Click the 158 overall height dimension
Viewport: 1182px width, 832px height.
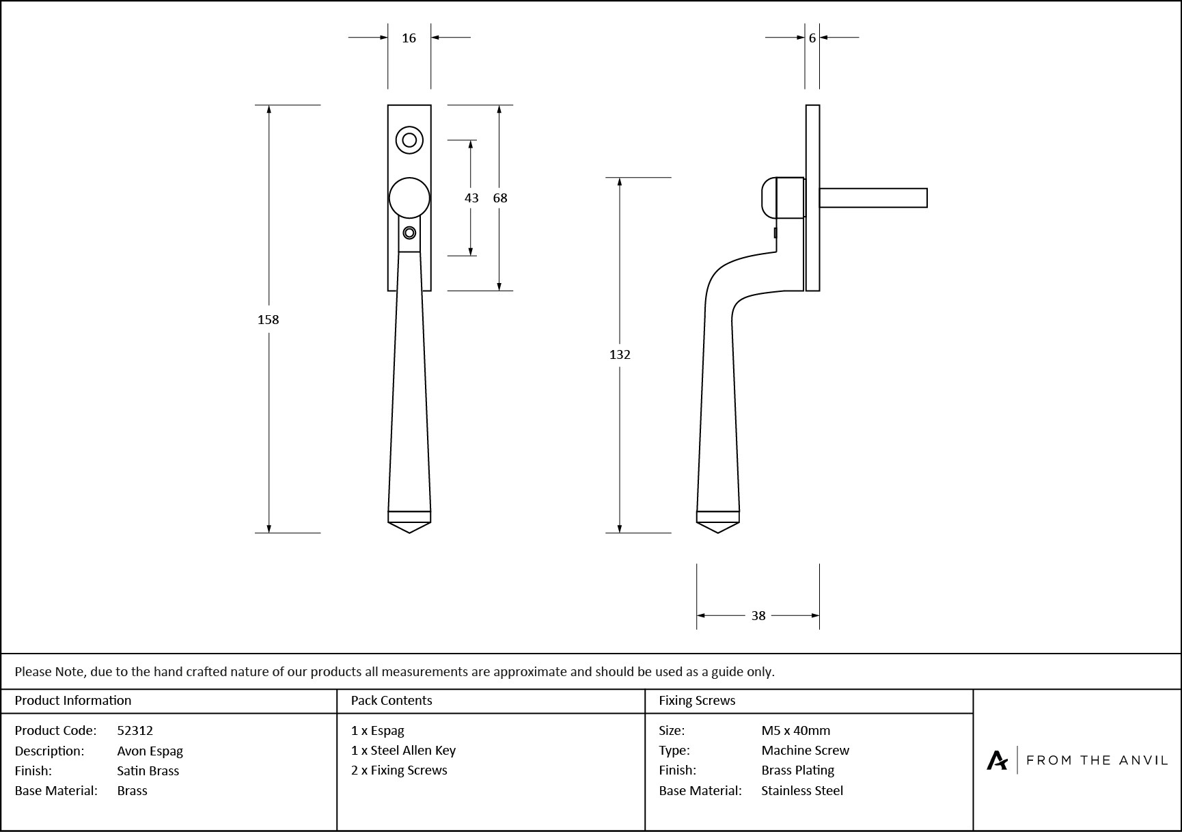pyautogui.click(x=268, y=319)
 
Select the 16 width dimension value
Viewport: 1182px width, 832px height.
pyautogui.click(x=409, y=38)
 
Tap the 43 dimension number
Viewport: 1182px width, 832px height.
pyautogui.click(x=471, y=198)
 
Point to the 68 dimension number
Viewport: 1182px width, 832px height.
pyautogui.click(x=500, y=198)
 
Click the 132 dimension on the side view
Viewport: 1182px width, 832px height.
pyautogui.click(x=620, y=354)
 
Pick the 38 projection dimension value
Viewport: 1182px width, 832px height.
pyautogui.click(x=758, y=616)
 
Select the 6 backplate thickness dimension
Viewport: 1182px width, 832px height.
pyautogui.click(x=812, y=38)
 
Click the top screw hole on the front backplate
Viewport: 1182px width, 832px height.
pyautogui.click(x=409, y=140)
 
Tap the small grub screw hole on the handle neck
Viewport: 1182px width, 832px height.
pyautogui.click(x=409, y=233)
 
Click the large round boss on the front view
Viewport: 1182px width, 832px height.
pyautogui.click(x=409, y=198)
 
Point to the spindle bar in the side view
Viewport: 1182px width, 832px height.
pyautogui.click(x=873, y=198)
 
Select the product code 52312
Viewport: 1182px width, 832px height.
pyautogui.click(x=135, y=731)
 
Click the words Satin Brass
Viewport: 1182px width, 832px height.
pyautogui.click(x=148, y=770)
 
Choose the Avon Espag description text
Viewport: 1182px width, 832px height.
pyautogui.click(x=150, y=751)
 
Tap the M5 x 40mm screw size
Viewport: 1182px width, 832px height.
pyautogui.click(x=796, y=731)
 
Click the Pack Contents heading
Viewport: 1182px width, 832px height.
pyautogui.click(x=391, y=701)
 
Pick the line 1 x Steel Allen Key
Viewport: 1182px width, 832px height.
pyautogui.click(x=403, y=751)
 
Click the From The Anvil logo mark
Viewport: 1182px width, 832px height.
pyautogui.click(x=997, y=760)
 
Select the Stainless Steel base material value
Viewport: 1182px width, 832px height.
pyautogui.click(x=802, y=791)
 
